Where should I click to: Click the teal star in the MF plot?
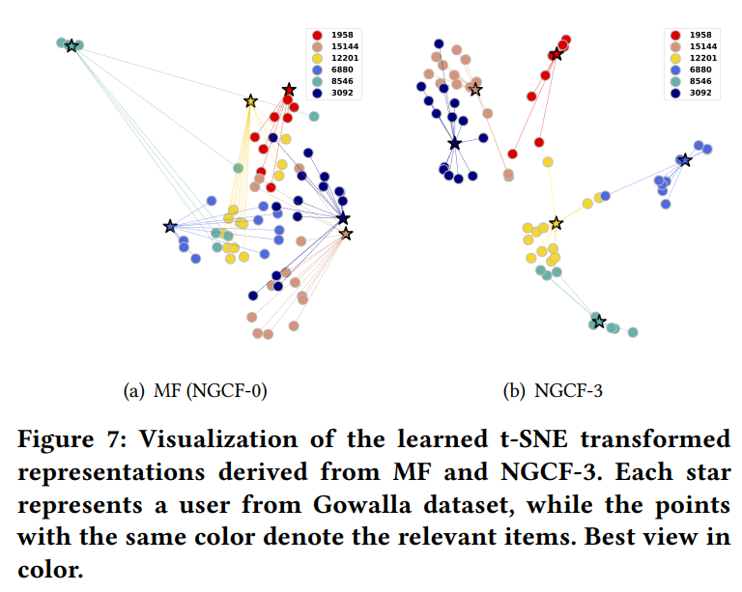click(x=71, y=45)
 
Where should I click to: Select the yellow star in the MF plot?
click(x=250, y=101)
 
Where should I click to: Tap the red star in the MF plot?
click(x=289, y=90)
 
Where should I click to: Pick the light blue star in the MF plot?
click(x=171, y=227)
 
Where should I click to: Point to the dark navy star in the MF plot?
click(x=343, y=219)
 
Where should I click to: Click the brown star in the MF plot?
click(x=346, y=234)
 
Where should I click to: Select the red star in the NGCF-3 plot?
click(x=556, y=54)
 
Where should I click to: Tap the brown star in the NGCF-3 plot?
click(x=474, y=90)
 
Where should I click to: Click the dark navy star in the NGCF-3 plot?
click(x=454, y=144)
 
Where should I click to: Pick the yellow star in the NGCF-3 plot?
click(x=556, y=223)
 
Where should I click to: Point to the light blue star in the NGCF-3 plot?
click(x=685, y=160)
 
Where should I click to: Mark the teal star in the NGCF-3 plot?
click(x=598, y=321)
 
